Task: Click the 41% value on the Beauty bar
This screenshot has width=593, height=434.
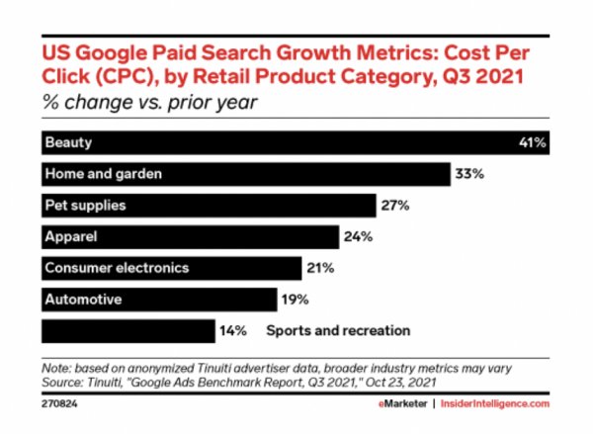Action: click(533, 142)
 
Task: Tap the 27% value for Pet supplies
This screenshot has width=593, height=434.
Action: click(393, 206)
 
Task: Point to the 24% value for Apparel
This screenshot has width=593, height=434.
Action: click(356, 236)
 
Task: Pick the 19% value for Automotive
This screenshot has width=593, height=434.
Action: click(295, 299)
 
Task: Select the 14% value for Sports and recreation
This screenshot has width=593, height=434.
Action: click(232, 330)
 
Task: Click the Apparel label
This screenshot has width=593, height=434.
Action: click(71, 236)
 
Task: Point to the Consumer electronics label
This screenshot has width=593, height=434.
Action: click(117, 268)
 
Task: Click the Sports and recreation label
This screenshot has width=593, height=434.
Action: click(337, 330)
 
